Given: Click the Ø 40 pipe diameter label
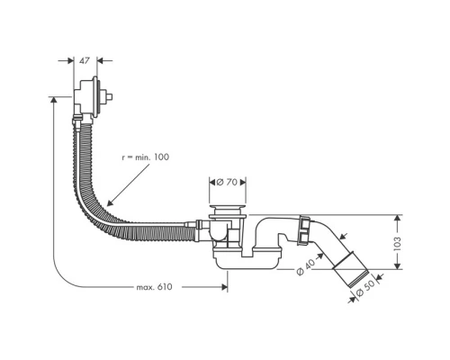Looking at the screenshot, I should coord(303,269).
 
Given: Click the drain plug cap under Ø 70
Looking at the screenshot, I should coord(230,211).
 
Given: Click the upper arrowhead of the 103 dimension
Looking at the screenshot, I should coord(396,219).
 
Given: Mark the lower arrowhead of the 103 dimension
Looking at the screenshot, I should coord(396,265).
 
